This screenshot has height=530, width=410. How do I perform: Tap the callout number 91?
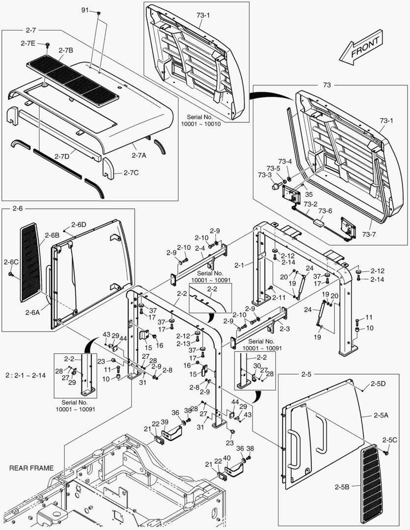(85, 10)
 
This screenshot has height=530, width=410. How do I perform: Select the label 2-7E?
(28, 43)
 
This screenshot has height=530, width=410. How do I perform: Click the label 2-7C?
(132, 173)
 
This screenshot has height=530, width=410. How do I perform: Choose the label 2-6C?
(11, 262)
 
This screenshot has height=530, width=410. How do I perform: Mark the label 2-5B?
(342, 487)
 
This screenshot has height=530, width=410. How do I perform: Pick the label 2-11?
(278, 297)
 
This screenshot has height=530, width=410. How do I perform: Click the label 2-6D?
(79, 224)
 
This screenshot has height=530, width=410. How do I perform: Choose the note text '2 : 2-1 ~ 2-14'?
(26, 375)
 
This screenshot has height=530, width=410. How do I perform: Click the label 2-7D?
(62, 156)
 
